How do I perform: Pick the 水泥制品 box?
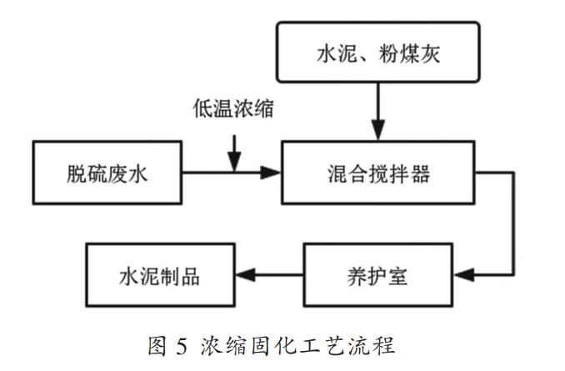(162, 273)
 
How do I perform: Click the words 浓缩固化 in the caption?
(248, 345)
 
